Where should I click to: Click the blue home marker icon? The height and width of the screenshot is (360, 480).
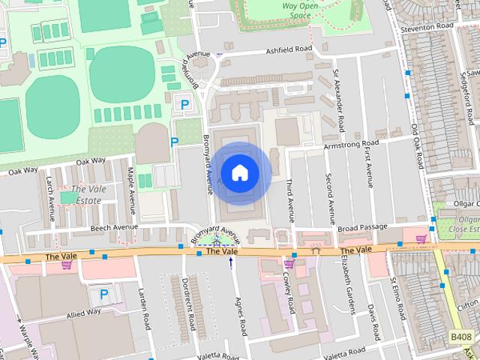(x=239, y=172)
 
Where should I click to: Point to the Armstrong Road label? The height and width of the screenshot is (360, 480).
(x=352, y=143)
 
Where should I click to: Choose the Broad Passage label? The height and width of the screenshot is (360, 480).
(x=362, y=226)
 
